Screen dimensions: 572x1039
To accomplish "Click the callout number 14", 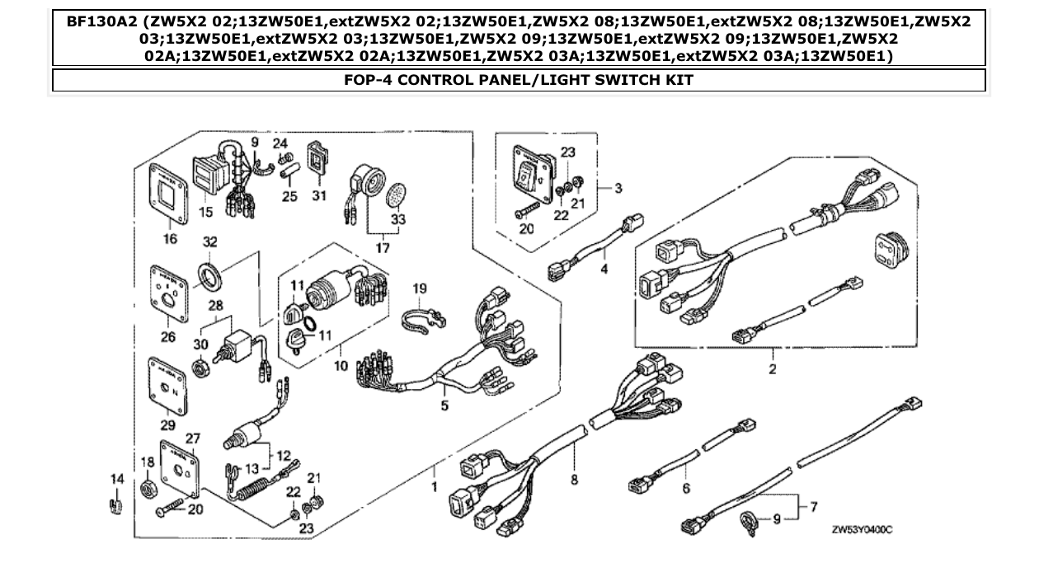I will pyautogui.click(x=115, y=478).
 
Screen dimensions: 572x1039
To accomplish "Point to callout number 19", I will pyautogui.click(x=420, y=288).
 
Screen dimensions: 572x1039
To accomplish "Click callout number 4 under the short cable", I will pyautogui.click(x=604, y=269).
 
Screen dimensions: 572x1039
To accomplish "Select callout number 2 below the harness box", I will pyautogui.click(x=773, y=369).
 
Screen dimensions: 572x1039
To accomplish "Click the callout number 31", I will pyautogui.click(x=319, y=195).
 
